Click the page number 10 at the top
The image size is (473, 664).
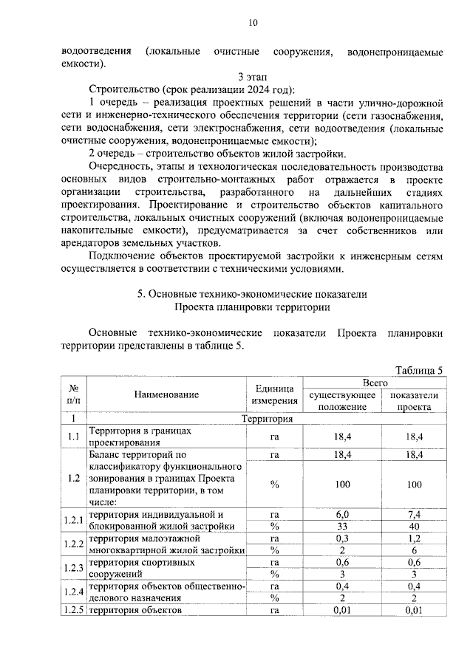click(253, 23)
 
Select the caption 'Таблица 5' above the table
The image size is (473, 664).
click(418, 371)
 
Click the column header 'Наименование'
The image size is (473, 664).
click(167, 394)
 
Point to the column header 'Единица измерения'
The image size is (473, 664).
click(274, 394)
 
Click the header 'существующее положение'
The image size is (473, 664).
click(342, 400)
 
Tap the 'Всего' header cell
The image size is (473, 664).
click(375, 383)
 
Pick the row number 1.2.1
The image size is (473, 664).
click(73, 520)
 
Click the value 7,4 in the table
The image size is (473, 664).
click(414, 513)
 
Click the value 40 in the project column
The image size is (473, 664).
click(414, 527)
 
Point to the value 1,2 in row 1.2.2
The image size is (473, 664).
click(414, 540)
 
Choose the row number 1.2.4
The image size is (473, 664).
click(73, 591)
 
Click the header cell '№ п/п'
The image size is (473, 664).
click(74, 394)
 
